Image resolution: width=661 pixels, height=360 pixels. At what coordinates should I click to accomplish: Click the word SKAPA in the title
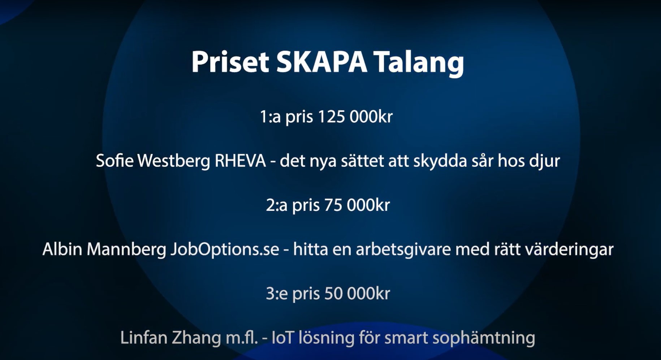[x=321, y=62]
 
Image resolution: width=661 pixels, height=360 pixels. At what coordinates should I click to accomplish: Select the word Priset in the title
[x=230, y=62]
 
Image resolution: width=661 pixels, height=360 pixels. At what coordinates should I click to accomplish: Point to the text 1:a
[x=270, y=117]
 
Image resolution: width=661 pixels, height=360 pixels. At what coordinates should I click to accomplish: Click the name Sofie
[x=115, y=161]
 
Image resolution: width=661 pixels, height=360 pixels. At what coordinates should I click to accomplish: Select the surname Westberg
[x=174, y=161]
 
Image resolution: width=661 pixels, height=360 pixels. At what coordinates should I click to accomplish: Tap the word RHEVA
[x=240, y=161]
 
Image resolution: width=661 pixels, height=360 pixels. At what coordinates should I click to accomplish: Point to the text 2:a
[x=277, y=205]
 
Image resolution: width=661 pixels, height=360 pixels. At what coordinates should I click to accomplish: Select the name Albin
[x=62, y=249]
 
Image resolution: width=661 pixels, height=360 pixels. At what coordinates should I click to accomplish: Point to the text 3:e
[x=277, y=294]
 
